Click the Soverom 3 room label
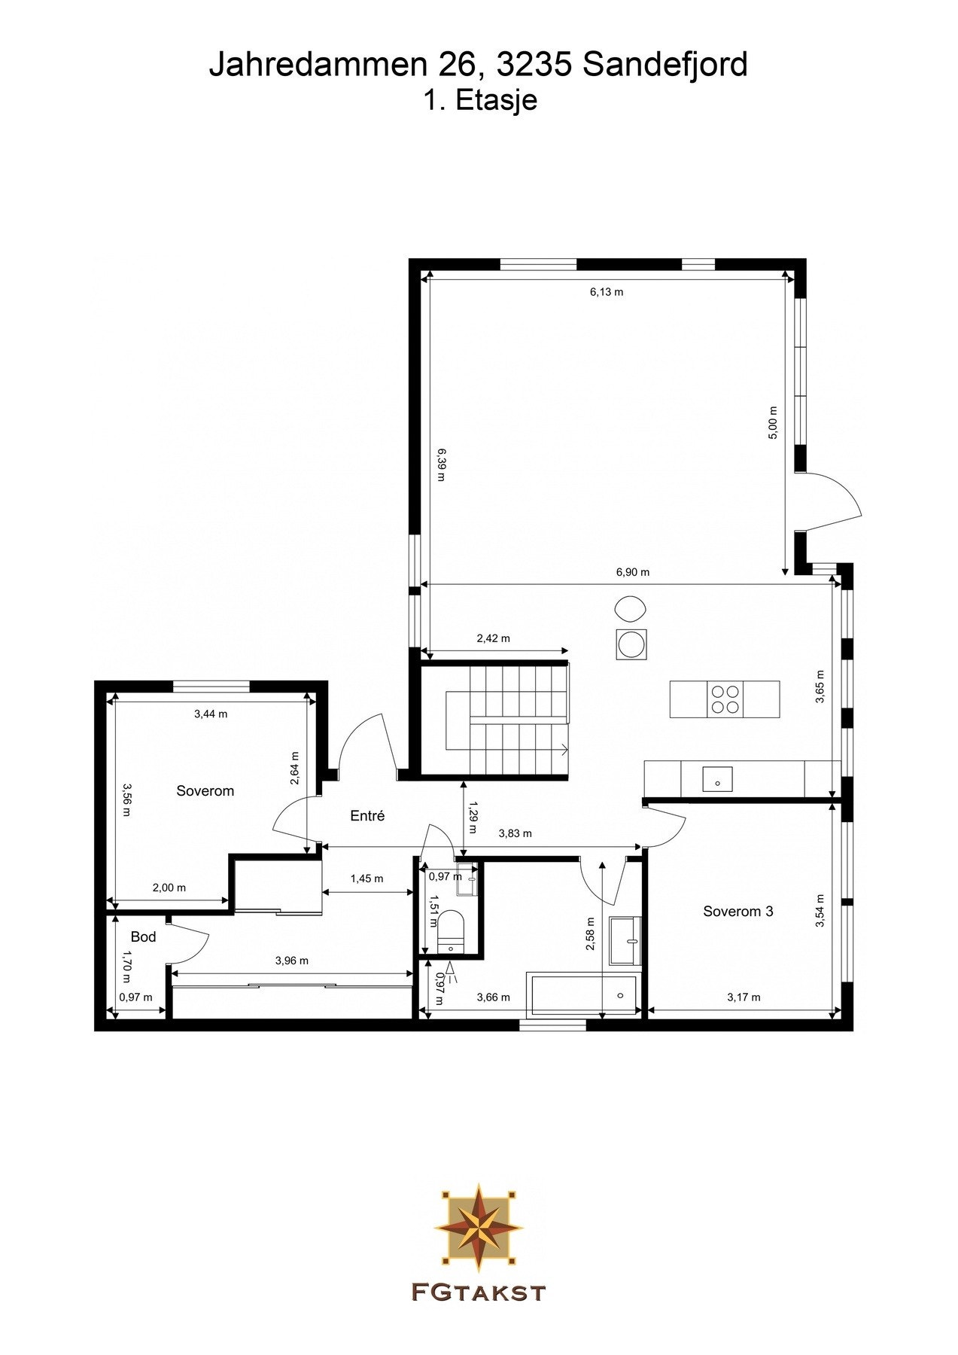[738, 911]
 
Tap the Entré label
[367, 815]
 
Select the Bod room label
[143, 936]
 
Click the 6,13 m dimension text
[606, 292]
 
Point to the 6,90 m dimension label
[632, 572]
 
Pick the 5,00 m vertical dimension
[773, 423]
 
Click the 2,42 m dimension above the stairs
[493, 638]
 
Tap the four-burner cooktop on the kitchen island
[725, 699]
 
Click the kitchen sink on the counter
[717, 778]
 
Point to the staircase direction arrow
[563, 749]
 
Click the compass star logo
[479, 1227]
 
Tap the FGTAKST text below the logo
[479, 1293]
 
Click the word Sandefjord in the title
[665, 65]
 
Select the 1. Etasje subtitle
[479, 100]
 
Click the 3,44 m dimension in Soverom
[211, 714]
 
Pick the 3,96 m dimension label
[291, 961]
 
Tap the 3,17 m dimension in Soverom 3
[744, 997]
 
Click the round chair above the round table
[630, 607]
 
